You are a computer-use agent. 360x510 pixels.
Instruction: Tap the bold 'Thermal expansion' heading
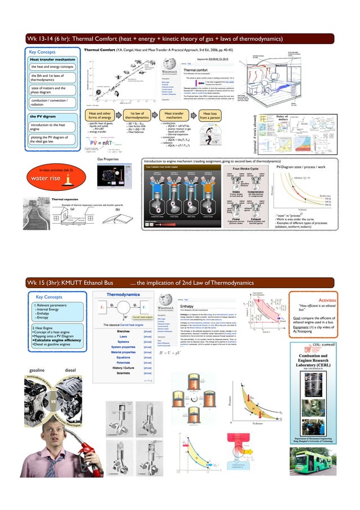click(x=64, y=199)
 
